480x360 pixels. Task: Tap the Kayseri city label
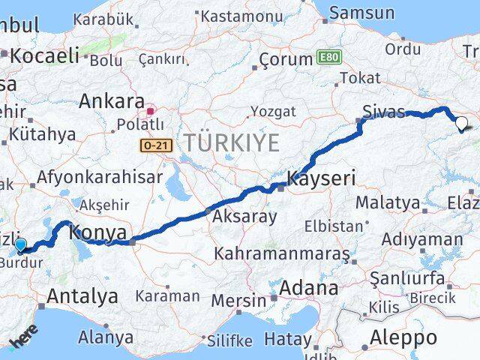(x=322, y=178)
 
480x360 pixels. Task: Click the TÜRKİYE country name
(x=232, y=142)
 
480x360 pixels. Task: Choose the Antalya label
(x=82, y=296)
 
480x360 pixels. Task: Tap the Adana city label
(x=308, y=288)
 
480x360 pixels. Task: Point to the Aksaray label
(x=244, y=217)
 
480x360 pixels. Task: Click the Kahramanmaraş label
(x=282, y=254)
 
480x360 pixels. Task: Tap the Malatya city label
(x=387, y=202)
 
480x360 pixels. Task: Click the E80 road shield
(x=327, y=57)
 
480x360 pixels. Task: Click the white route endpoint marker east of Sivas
(x=461, y=124)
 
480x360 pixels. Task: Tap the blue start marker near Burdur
(x=19, y=244)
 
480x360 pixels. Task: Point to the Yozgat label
(x=272, y=112)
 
